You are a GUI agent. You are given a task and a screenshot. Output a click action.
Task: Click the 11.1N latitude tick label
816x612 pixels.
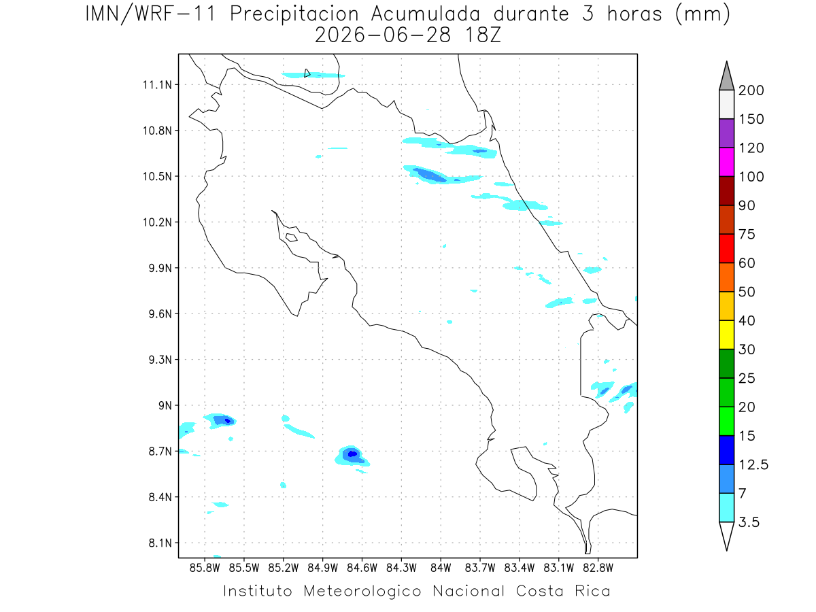tap(157, 85)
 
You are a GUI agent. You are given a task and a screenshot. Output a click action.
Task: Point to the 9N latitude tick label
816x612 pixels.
tap(165, 405)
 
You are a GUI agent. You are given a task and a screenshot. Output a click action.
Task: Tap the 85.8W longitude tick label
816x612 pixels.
tap(205, 568)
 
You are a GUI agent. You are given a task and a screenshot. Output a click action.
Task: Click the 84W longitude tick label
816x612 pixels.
tap(441, 568)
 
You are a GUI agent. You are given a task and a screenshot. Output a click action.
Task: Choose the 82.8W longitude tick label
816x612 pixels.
tap(598, 568)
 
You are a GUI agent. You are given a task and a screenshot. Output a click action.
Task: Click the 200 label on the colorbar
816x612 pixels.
tap(751, 90)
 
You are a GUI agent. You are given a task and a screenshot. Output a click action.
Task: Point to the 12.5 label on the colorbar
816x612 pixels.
tap(753, 465)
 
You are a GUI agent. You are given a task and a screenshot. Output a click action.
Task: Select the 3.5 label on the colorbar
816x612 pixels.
tap(749, 522)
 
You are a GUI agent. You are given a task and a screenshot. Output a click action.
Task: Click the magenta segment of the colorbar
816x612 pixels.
tap(726, 162)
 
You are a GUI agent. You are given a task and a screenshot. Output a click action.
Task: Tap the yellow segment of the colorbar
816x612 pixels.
tap(726, 335)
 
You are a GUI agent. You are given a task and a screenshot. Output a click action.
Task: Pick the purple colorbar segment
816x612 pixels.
tap(726, 133)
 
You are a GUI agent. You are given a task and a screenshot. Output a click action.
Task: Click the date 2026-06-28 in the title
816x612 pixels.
tap(382, 35)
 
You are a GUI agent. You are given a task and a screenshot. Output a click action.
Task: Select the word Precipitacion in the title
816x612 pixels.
tap(294, 14)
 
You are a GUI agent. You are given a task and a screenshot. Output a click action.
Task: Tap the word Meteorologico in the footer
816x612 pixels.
tap(362, 591)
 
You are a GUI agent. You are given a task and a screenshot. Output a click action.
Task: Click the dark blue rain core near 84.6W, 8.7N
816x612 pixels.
tap(352, 454)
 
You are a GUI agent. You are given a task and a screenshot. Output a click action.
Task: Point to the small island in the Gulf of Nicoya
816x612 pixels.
tap(292, 237)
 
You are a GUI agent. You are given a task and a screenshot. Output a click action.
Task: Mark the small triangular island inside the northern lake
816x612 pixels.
tap(307, 73)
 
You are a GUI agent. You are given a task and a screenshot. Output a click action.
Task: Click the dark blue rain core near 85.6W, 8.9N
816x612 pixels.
tap(228, 421)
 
